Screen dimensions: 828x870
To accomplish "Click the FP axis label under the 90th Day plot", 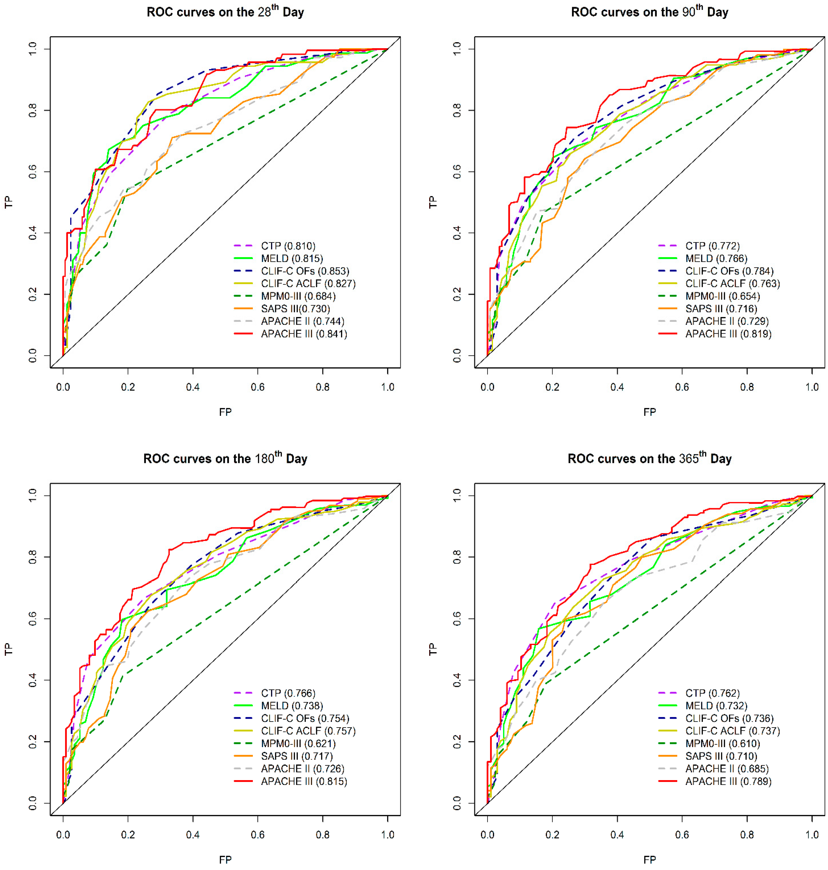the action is [649, 412].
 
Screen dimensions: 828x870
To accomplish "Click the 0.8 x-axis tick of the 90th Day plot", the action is [747, 387].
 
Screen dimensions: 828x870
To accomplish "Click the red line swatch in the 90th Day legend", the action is [667, 334].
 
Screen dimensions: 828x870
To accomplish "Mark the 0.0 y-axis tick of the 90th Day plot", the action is [457, 356].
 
